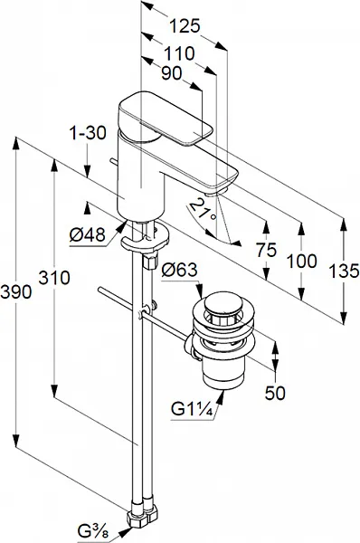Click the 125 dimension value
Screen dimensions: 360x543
click(185, 26)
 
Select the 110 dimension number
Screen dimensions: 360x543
click(179, 53)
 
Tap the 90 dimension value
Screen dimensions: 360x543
click(172, 73)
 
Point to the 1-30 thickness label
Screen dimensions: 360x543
click(88, 133)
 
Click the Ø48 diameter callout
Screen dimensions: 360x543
click(87, 235)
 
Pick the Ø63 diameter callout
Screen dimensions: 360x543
click(180, 270)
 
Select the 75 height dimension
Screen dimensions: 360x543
click(267, 250)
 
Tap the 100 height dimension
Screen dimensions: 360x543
click(302, 261)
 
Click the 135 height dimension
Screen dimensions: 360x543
click(344, 271)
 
